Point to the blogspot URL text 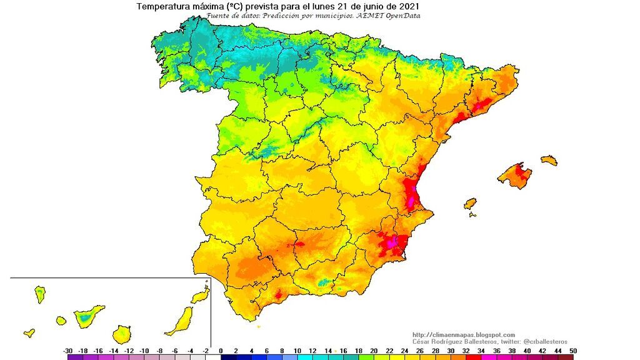tap(464, 334)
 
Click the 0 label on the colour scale tap(221, 351)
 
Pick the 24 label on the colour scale tap(404, 351)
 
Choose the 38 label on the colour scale tap(512, 351)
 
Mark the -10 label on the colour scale tap(144, 351)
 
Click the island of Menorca tap(549, 160)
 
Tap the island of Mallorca tap(514, 175)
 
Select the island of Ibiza tap(470, 204)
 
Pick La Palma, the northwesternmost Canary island tap(40, 294)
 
